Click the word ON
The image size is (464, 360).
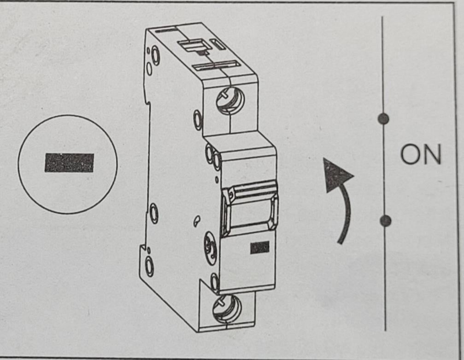[421, 154]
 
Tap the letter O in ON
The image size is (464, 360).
[410, 154]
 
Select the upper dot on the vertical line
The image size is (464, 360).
[383, 119]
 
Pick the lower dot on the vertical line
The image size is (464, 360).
[385, 221]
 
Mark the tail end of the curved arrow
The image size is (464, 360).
[341, 242]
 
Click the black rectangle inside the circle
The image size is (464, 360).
[69, 163]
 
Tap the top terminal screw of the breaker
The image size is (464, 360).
[230, 100]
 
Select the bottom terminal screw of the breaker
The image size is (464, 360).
[227, 309]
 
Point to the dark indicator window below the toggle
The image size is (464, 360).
[260, 247]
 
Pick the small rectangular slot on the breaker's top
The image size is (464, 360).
[218, 44]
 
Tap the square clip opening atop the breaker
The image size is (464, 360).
[192, 46]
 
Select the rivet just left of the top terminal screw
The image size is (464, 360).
[198, 120]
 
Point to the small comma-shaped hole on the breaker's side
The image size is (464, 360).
[196, 221]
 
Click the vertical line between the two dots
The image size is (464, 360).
[384, 170]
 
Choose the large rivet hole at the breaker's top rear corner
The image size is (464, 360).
[155, 55]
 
